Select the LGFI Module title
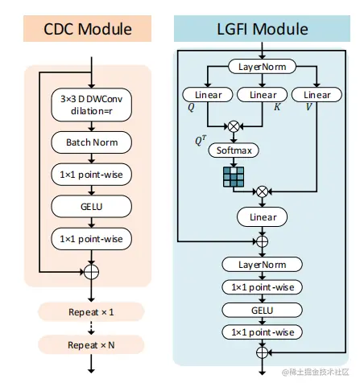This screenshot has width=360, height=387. click(262, 30)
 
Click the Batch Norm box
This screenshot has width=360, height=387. click(92, 143)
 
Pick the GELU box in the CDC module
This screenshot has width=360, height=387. click(92, 207)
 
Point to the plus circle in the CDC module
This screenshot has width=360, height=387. click(92, 273)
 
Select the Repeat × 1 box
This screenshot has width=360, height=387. click(91, 311)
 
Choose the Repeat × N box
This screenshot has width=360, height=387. click(91, 344)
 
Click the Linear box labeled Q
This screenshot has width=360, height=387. click(208, 95)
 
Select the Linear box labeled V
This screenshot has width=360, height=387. click(317, 95)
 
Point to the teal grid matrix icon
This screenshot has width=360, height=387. click(233, 176)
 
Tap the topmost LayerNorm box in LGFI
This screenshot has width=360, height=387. click(262, 66)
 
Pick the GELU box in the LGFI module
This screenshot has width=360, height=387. click(262, 310)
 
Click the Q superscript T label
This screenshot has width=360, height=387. click(201, 139)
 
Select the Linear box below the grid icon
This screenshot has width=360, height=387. click(262, 216)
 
